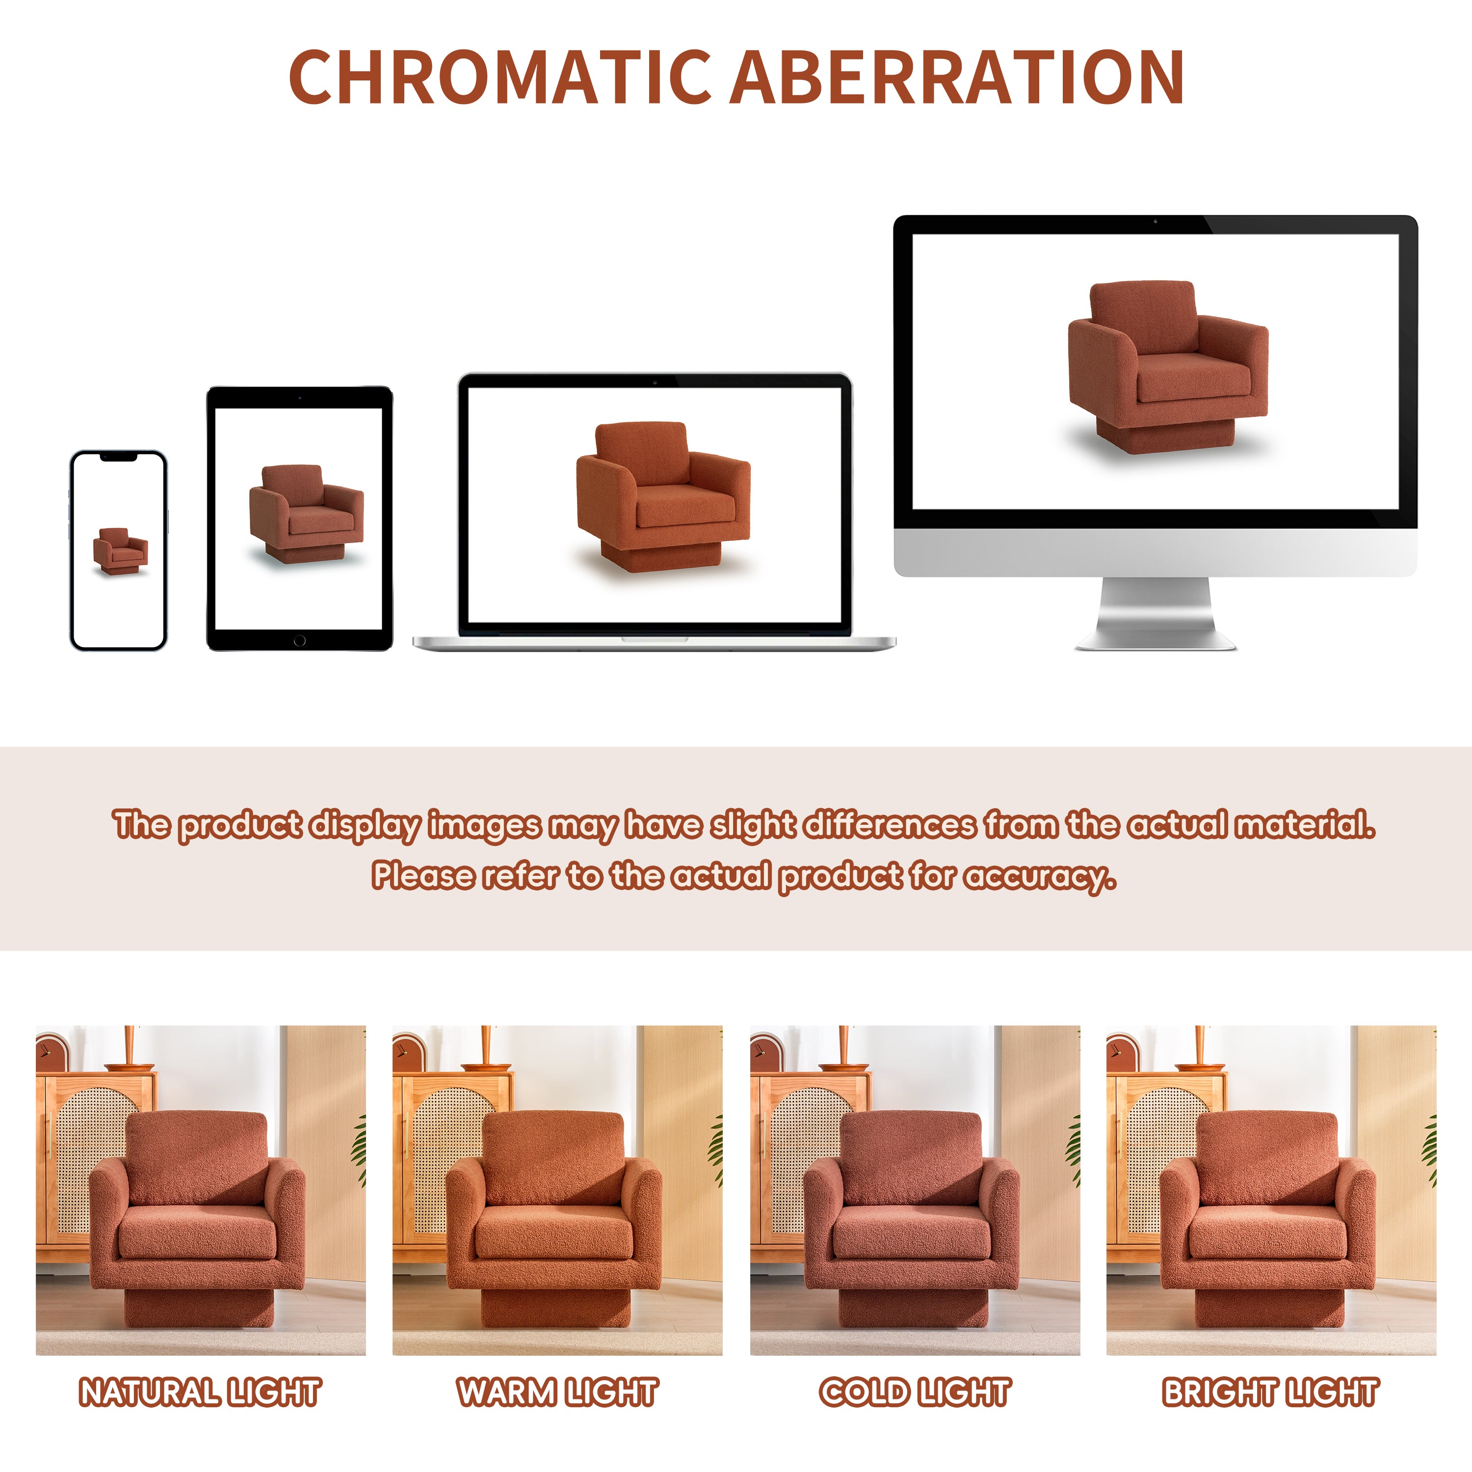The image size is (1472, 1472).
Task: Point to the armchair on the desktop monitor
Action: tap(1168, 367)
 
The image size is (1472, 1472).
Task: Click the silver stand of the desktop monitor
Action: tap(1155, 613)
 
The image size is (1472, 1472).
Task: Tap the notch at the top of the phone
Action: tap(119, 457)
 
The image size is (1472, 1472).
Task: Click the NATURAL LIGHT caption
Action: tap(200, 1392)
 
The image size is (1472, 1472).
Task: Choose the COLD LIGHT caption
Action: tap(915, 1392)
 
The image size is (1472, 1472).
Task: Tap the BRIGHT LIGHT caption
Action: tap(1271, 1392)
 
